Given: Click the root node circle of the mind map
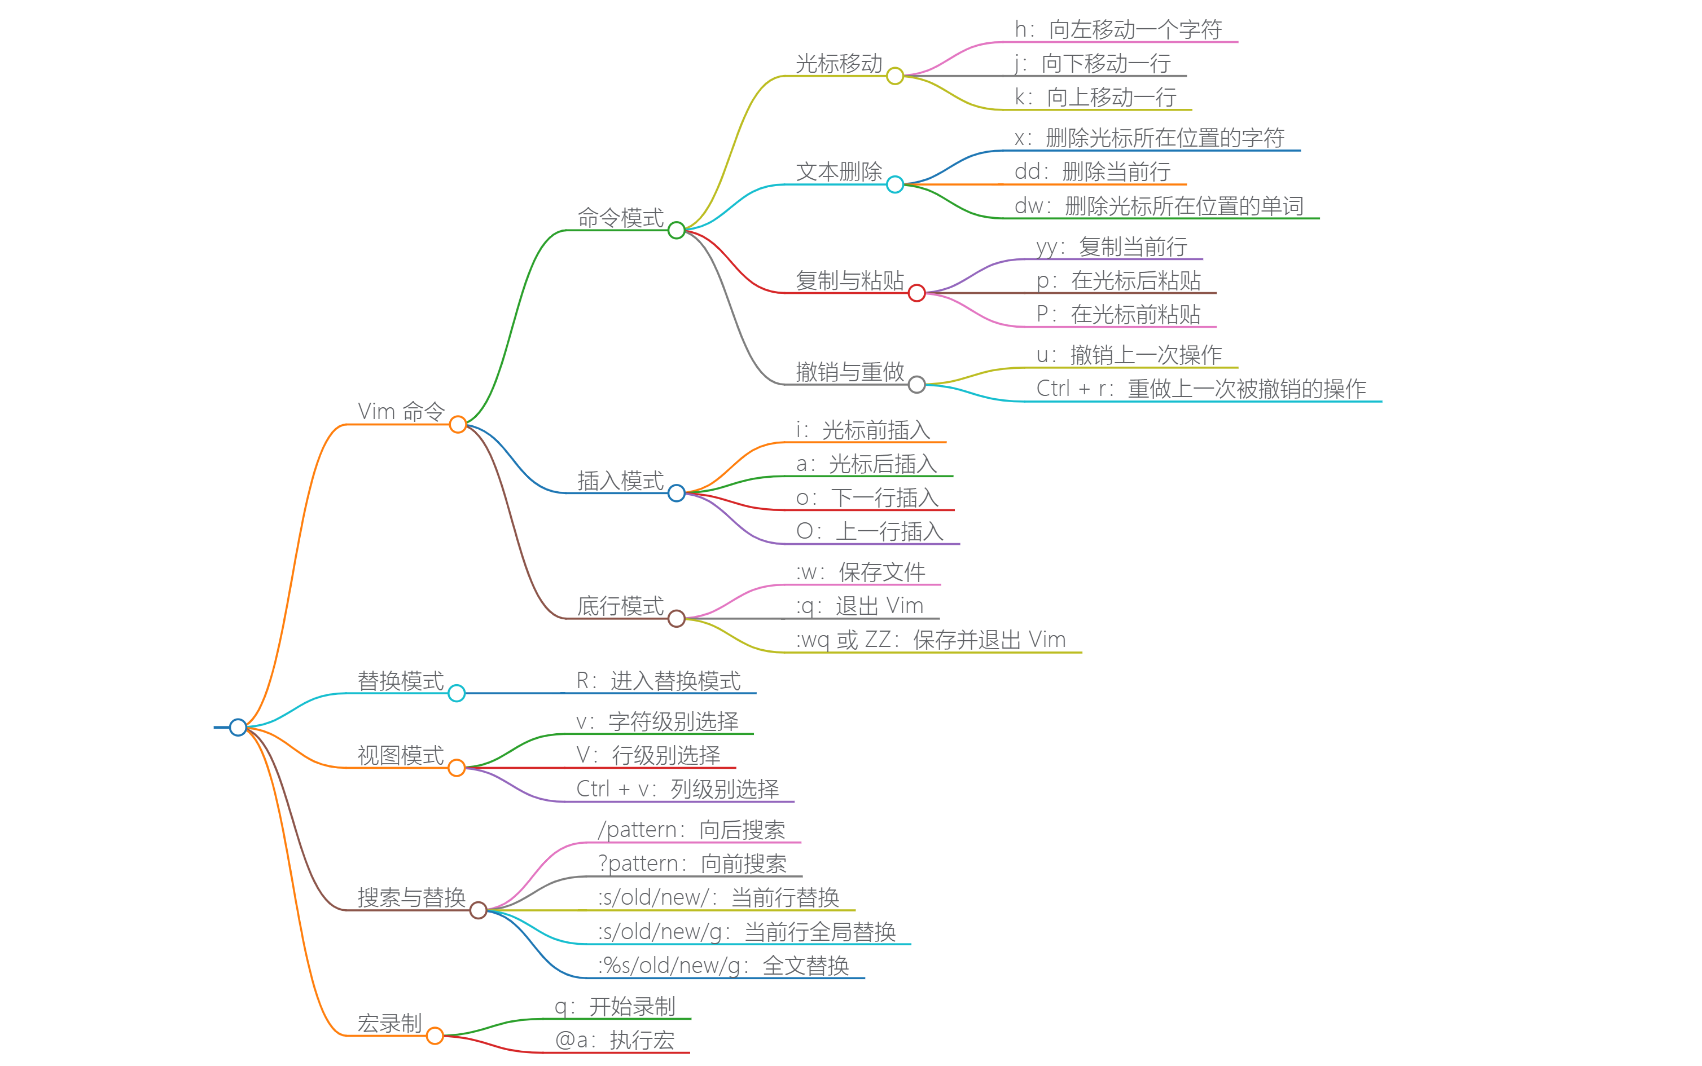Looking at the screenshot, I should coord(238,727).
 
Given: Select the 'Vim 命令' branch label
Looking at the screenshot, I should coord(401,411).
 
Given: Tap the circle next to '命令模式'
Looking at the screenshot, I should coord(675,230).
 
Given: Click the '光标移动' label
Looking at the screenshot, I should coord(839,63).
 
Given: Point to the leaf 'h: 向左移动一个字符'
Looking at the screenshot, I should coord(1118,29).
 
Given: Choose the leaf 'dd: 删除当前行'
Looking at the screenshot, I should coord(1092,171).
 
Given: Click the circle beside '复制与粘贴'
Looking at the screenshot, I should coord(916,293).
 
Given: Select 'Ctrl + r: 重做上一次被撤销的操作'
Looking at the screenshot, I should coord(1200,389).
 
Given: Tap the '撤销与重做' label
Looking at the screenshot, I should coord(849,372).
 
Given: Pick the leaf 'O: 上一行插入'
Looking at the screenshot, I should coord(869,531).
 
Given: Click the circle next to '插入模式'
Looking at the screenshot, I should coord(675,493).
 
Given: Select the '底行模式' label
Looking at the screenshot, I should coord(620,606).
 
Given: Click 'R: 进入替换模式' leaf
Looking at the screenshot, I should coord(658,680).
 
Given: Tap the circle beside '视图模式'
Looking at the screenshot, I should coord(457,768).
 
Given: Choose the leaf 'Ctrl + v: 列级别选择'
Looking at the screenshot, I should coord(677,789).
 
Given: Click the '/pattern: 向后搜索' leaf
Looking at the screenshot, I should coord(691,830).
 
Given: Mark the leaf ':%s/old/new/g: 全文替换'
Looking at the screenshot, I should coord(723,965).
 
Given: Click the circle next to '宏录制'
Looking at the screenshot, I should coord(435,1036).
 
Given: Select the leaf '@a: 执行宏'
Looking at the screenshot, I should coord(615,1040).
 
